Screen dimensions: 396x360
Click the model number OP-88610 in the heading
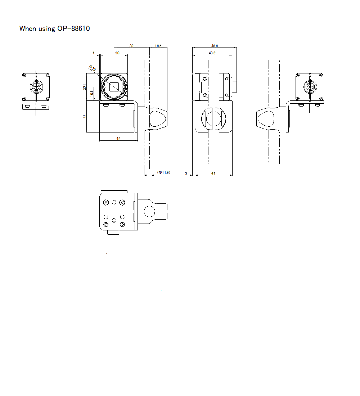click(x=73, y=28)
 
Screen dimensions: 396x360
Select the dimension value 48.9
click(x=215, y=46)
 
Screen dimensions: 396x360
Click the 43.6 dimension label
click(x=212, y=53)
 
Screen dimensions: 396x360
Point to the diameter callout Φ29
click(x=93, y=68)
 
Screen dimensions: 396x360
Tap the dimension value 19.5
click(x=158, y=46)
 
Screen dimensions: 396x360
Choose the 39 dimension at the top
click(x=131, y=46)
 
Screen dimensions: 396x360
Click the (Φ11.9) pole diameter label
click(x=164, y=173)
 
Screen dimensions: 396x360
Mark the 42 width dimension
click(x=118, y=139)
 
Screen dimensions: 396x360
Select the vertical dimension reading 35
click(x=85, y=117)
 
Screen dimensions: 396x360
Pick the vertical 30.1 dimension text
click(x=85, y=87)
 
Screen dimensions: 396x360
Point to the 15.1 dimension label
click(x=92, y=94)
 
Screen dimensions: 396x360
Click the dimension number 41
click(x=213, y=173)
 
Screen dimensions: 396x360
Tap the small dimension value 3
click(x=186, y=173)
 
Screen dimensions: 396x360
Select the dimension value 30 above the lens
click(x=117, y=53)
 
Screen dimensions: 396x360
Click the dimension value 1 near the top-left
click(x=94, y=53)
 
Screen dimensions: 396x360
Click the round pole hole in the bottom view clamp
click(x=149, y=211)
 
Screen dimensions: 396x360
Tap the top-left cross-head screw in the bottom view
click(x=106, y=203)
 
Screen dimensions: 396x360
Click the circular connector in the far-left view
click(x=36, y=87)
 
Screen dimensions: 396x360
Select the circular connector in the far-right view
click(x=310, y=87)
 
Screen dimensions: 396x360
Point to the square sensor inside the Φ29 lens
click(x=114, y=87)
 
